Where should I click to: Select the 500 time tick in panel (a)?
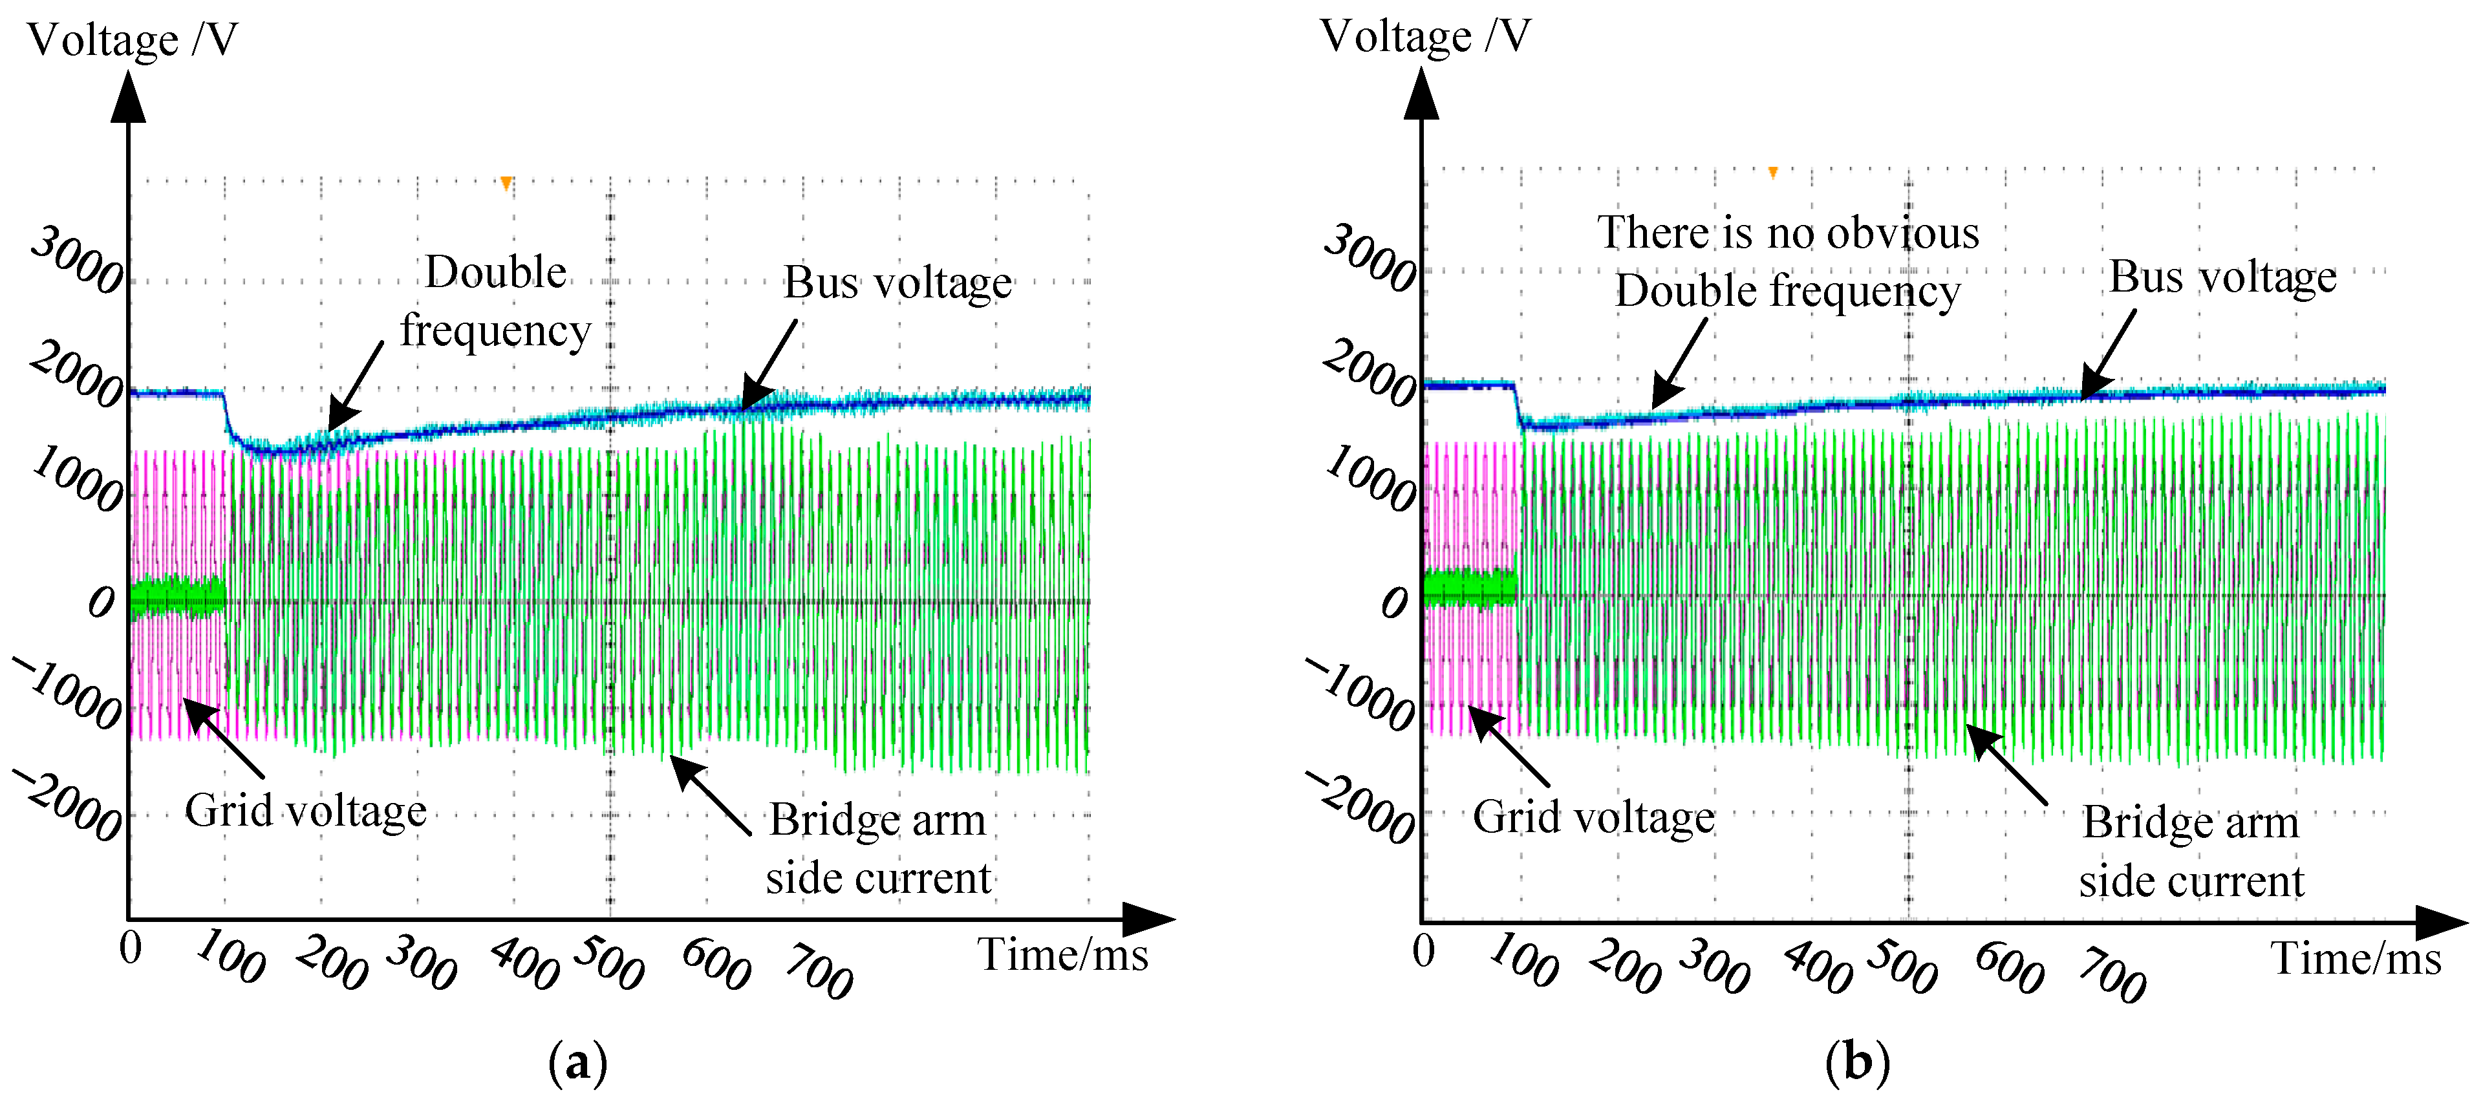(608, 962)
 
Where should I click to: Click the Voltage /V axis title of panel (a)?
(132, 41)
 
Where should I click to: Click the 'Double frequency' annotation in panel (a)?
(495, 301)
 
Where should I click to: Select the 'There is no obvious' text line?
(1788, 233)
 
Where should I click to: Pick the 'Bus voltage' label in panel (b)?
(2223, 277)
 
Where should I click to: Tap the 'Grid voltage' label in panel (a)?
(306, 811)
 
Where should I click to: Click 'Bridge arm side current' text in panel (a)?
(878, 848)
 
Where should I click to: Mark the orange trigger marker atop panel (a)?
(506, 183)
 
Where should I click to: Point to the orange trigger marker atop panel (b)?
(1772, 173)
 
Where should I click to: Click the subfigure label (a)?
(577, 1064)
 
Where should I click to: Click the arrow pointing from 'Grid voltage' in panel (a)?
(224, 738)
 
